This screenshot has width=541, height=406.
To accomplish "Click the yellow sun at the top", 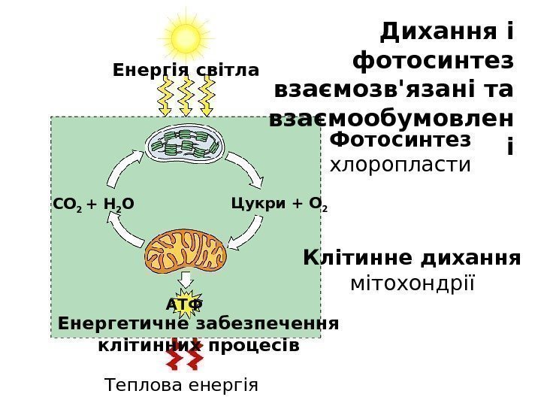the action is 186,37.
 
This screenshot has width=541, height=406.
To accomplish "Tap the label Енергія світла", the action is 185,71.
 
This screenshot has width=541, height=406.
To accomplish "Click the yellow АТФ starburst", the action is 184,302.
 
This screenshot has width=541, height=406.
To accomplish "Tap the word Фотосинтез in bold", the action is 400,140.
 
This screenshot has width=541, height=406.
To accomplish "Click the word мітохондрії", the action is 413,284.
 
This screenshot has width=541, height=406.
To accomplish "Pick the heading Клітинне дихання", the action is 412,259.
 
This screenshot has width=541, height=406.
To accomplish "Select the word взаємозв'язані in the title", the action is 369,89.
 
